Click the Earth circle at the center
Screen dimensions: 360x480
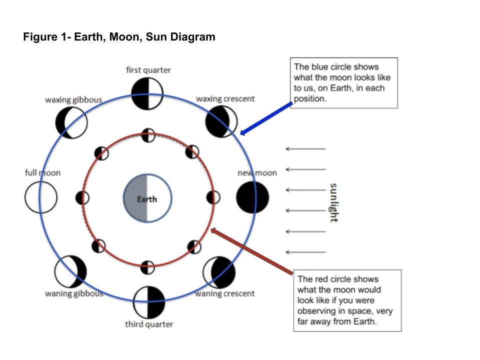pyautogui.click(x=147, y=198)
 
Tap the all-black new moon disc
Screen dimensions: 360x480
pyautogui.click(x=252, y=197)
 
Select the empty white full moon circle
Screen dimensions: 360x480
pyautogui.click(x=41, y=197)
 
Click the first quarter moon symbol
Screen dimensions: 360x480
pyautogui.click(x=147, y=93)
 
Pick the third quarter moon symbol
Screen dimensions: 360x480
pyautogui.click(x=148, y=302)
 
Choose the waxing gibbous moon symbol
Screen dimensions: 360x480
pyautogui.click(x=71, y=122)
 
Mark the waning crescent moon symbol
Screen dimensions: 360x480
pyautogui.click(x=219, y=273)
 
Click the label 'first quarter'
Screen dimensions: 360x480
pyautogui.click(x=148, y=70)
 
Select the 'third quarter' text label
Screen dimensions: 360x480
pyautogui.click(x=149, y=324)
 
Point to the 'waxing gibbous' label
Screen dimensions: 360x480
pyautogui.click(x=73, y=99)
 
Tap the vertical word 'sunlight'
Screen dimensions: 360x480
pyautogui.click(x=333, y=202)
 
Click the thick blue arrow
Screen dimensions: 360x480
pyautogui.click(x=266, y=118)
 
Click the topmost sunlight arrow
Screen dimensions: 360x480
pyautogui.click(x=305, y=148)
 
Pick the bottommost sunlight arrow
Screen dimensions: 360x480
pyautogui.click(x=305, y=252)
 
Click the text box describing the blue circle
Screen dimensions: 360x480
pyautogui.click(x=344, y=82)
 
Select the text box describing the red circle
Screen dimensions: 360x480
pyautogui.click(x=347, y=300)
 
